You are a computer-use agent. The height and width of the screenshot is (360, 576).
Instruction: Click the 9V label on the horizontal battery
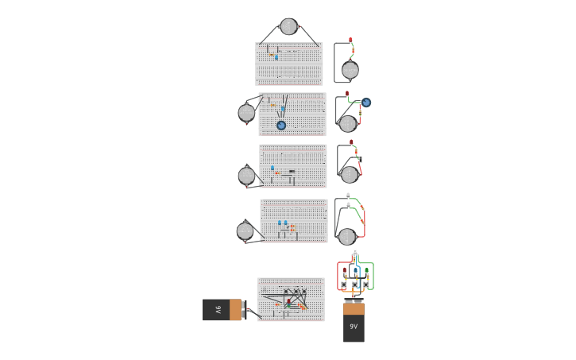218,310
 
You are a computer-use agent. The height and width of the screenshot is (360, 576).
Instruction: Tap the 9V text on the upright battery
354,327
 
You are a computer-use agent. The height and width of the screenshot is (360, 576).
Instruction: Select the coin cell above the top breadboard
288,27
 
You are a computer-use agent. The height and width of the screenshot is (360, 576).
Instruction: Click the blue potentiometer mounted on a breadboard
281,125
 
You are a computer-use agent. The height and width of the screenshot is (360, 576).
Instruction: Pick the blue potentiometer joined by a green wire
366,103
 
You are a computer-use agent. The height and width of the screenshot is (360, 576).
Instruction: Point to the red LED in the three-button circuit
345,271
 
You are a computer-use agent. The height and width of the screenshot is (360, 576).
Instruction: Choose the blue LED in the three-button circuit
355,271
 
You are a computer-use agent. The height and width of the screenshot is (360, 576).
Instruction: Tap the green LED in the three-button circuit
366,271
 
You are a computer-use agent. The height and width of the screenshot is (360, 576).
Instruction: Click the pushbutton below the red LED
344,285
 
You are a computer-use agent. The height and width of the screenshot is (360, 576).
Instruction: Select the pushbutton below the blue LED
355,285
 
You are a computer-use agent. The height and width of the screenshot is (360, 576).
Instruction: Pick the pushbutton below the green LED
365,285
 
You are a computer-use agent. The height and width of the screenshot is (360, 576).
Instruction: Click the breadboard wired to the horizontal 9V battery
291,300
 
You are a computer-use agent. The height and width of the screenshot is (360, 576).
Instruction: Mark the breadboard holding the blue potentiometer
292,114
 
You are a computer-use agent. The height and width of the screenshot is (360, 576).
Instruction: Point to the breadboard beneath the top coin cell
289,64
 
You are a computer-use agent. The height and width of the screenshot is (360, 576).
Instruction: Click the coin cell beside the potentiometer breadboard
246,113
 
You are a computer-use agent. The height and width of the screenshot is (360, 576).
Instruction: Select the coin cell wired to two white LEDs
347,236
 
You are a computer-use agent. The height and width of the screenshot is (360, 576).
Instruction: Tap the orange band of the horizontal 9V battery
235,310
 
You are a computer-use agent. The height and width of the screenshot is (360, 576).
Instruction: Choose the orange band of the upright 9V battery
354,309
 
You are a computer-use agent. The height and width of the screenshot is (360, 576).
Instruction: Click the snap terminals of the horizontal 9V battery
244,310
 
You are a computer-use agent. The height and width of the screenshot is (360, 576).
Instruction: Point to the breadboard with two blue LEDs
294,220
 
